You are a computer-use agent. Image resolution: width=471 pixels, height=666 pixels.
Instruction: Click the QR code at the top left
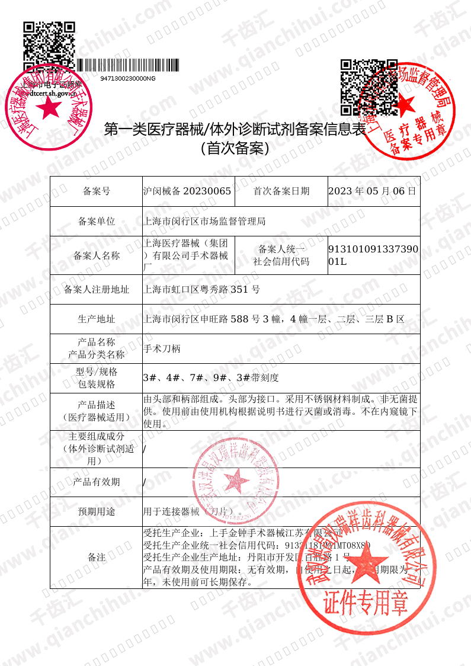[49, 43]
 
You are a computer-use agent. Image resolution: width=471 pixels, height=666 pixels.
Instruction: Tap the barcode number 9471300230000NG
[128, 78]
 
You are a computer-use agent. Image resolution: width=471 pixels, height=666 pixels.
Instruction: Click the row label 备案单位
[97, 221]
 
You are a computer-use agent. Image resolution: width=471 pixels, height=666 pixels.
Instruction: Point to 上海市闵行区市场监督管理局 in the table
[204, 221]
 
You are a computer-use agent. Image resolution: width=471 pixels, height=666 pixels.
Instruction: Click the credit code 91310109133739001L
[373, 255]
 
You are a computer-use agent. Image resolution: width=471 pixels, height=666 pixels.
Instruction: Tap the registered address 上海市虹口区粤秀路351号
[202, 290]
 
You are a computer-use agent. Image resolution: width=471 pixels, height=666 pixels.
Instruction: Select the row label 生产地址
[97, 319]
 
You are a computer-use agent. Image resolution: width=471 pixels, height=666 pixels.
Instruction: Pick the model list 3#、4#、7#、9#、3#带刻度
[211, 377]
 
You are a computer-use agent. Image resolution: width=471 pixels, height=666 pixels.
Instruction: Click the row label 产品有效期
[97, 482]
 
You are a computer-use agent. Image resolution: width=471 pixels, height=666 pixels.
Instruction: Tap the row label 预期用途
[97, 511]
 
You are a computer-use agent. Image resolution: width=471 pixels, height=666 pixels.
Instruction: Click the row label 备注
[97, 557]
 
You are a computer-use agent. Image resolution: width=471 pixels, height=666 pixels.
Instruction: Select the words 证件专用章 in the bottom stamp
[366, 604]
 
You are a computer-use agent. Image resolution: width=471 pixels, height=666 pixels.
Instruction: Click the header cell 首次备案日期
[281, 191]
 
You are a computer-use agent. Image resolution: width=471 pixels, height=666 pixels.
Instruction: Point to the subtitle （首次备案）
[235, 148]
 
